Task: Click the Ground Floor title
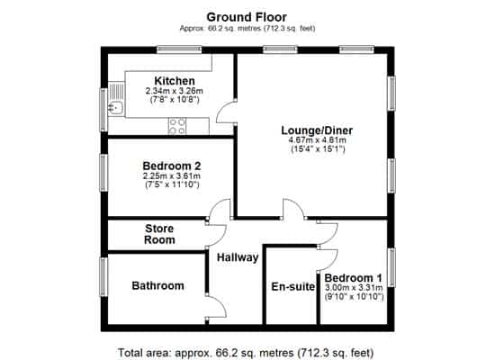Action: [x=247, y=17]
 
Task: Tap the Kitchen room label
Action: [x=175, y=80]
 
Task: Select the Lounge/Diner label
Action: [x=317, y=130]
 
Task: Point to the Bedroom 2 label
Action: [x=172, y=166]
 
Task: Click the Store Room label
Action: [x=159, y=234]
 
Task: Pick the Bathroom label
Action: [x=157, y=285]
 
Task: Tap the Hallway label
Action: [x=238, y=257]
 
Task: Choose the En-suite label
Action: [x=293, y=286]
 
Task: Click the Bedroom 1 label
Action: [x=354, y=278]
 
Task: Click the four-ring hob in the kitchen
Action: [x=177, y=126]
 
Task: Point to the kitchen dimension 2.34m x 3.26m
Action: [x=174, y=91]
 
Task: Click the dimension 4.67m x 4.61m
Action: [x=318, y=140]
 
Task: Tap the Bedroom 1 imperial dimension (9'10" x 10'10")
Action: [x=355, y=297]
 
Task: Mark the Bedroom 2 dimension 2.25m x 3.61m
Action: [x=172, y=175]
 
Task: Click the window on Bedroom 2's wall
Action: [x=103, y=173]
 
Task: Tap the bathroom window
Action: [x=103, y=277]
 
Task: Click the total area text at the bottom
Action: [x=246, y=353]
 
